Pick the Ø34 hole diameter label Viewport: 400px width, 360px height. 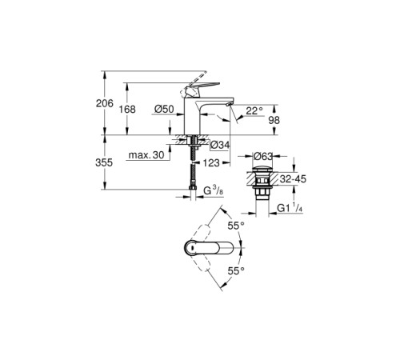click(x=220, y=145)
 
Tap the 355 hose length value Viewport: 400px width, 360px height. click(x=115, y=162)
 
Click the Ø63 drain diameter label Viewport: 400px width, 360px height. click(x=263, y=156)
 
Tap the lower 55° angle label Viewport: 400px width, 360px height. click(x=234, y=270)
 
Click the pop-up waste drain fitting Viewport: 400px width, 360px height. click(x=262, y=184)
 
